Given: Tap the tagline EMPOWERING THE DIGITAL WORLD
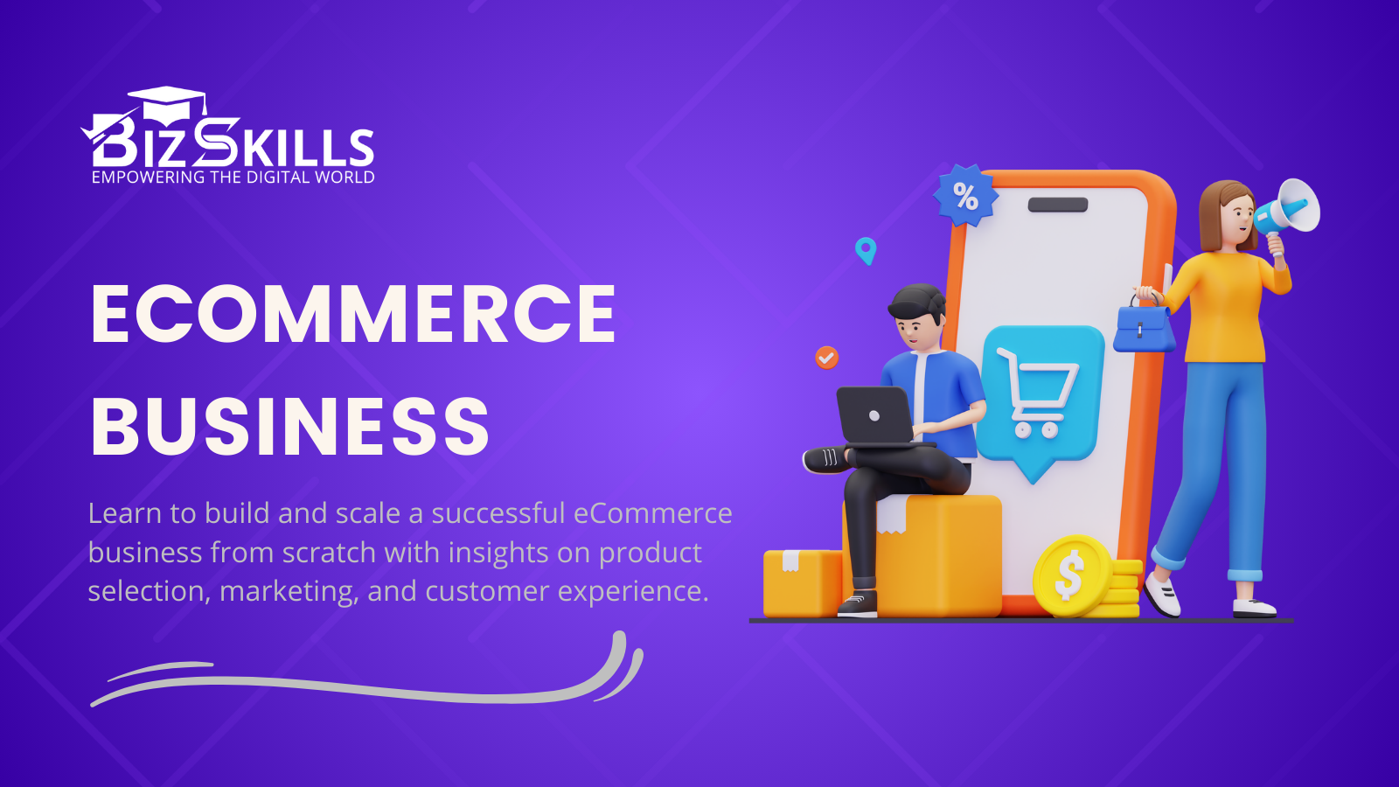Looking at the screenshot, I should pyautogui.click(x=233, y=178).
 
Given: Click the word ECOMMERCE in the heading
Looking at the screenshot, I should pyautogui.click(x=353, y=314).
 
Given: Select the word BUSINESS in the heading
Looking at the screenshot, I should pyautogui.click(x=289, y=427).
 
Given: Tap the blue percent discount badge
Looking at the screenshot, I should pyautogui.click(x=965, y=196).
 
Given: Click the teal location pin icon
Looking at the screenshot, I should pyautogui.click(x=865, y=250).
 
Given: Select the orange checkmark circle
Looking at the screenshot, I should pyautogui.click(x=826, y=357).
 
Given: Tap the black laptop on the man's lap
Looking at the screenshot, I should pyautogui.click(x=874, y=416).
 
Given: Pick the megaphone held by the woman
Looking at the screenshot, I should pyautogui.click(x=1289, y=208).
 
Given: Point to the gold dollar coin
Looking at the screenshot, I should pyautogui.click(x=1070, y=575).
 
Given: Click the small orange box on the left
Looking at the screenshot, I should pyautogui.click(x=800, y=583).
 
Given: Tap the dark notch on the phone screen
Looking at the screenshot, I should pyautogui.click(x=1057, y=205).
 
